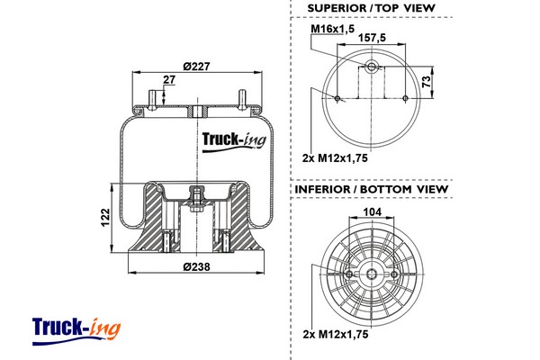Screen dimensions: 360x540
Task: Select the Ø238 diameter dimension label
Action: tap(196, 266)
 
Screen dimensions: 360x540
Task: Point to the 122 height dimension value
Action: tap(104, 217)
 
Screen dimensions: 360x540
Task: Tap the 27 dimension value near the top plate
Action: tap(168, 80)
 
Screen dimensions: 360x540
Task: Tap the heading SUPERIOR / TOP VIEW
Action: tap(371, 8)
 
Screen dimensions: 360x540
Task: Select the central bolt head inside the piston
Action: tap(195, 194)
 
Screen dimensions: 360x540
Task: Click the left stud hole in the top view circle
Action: tap(337, 98)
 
